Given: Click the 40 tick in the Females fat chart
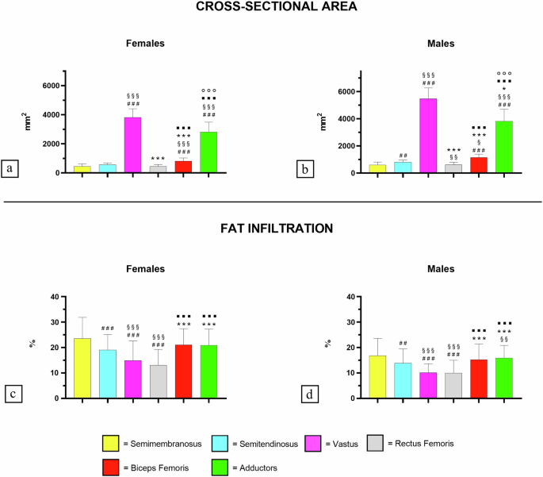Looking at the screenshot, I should point(56,297).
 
